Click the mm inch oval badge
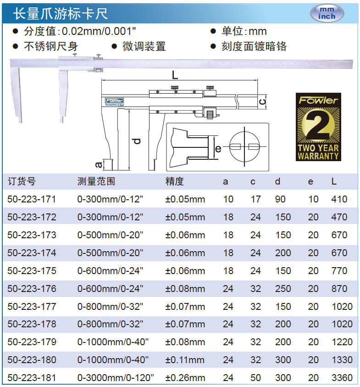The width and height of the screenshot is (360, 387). click(327, 13)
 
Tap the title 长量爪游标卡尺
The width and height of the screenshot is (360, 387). click(61, 13)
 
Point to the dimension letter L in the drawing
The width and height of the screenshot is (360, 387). click(175, 75)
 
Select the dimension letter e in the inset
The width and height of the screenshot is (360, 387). click(218, 149)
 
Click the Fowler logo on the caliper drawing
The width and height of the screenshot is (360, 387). click(114, 101)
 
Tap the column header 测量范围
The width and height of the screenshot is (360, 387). click(96, 181)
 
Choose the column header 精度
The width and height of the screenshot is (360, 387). click(175, 181)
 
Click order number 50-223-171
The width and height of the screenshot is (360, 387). click(32, 199)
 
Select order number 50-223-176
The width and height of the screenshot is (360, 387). click(32, 288)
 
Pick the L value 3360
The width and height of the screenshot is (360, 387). click(342, 378)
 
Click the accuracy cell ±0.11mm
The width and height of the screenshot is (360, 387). click(185, 360)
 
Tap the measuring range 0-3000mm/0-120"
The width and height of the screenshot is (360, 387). click(116, 378)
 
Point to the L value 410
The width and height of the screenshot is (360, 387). click(339, 199)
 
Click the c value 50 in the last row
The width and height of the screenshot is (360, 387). click(255, 378)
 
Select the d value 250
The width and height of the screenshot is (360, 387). click(283, 288)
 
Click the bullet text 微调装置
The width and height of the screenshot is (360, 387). click(144, 46)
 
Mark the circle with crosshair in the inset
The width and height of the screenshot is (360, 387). click(244, 146)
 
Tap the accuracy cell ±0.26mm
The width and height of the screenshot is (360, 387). click(185, 378)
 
